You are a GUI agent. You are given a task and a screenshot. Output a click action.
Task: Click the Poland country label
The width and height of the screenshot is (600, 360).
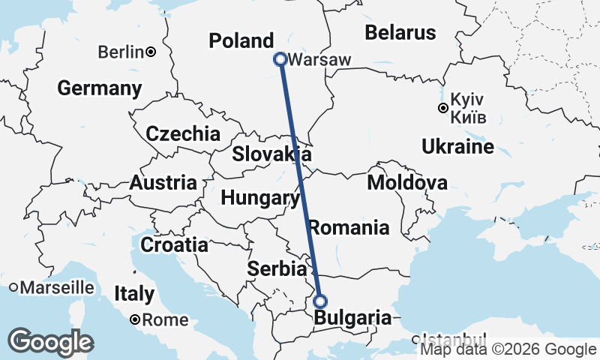241,40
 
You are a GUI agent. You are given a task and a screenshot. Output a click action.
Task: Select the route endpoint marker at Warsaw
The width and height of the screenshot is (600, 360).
280,58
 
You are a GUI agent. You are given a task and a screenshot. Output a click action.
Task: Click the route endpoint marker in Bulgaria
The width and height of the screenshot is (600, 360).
320,301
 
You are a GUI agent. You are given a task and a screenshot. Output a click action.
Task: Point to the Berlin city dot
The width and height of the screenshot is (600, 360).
151,52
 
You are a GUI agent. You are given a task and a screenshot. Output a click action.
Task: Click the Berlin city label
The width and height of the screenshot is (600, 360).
121,52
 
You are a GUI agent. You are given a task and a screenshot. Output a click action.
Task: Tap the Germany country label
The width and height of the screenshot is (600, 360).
100,88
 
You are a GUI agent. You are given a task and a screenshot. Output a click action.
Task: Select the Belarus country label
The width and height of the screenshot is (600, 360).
400,33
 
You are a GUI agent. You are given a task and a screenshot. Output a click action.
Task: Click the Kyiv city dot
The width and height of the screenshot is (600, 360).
443,108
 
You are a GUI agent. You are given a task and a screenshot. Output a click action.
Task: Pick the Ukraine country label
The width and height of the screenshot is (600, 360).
457,146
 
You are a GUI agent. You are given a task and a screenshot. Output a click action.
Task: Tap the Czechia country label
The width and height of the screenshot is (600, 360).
183,134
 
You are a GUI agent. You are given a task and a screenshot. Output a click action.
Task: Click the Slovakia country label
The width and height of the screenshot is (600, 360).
271,154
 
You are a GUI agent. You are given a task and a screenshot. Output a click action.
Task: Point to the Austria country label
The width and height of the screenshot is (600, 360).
163,182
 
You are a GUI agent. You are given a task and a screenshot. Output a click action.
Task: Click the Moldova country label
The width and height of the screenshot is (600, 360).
407,182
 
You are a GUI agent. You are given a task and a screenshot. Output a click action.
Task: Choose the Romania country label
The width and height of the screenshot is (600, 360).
349,227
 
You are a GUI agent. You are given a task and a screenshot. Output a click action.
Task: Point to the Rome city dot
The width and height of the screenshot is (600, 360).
134,319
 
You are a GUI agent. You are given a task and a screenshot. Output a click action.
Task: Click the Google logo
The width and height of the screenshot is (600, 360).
51,342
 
